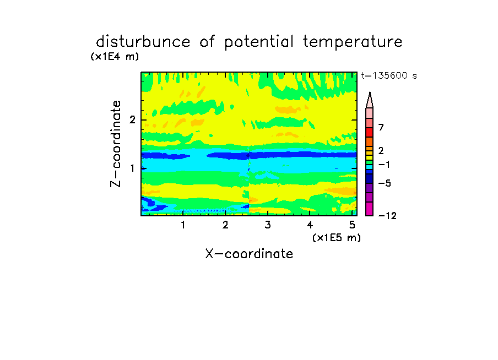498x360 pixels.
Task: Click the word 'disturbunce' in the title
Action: tap(143, 41)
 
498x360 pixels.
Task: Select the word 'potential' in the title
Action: tap(259, 42)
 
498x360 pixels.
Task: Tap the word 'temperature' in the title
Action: tap(353, 42)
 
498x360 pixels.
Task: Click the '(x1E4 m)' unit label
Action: tap(115, 57)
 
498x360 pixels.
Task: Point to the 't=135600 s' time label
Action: tap(389, 75)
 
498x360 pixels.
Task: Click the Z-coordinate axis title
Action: tap(116, 144)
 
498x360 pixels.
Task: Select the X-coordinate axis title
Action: tap(249, 254)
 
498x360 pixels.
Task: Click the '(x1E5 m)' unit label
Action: tap(337, 237)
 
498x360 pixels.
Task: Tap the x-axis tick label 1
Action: tap(183, 225)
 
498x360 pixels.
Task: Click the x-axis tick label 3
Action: tap(268, 225)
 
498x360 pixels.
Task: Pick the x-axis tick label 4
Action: tap(310, 225)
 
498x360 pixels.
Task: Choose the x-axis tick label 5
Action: tap(352, 225)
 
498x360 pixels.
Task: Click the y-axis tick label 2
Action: tap(132, 120)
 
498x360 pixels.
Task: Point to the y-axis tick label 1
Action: tap(132, 168)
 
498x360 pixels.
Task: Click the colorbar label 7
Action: tap(381, 128)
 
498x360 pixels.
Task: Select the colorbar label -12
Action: tap(387, 216)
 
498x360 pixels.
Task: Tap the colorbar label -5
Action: tap(385, 183)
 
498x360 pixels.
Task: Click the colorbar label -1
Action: tap(384, 165)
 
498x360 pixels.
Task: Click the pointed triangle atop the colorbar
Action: tap(370, 100)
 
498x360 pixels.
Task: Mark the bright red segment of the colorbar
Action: tap(370, 132)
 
